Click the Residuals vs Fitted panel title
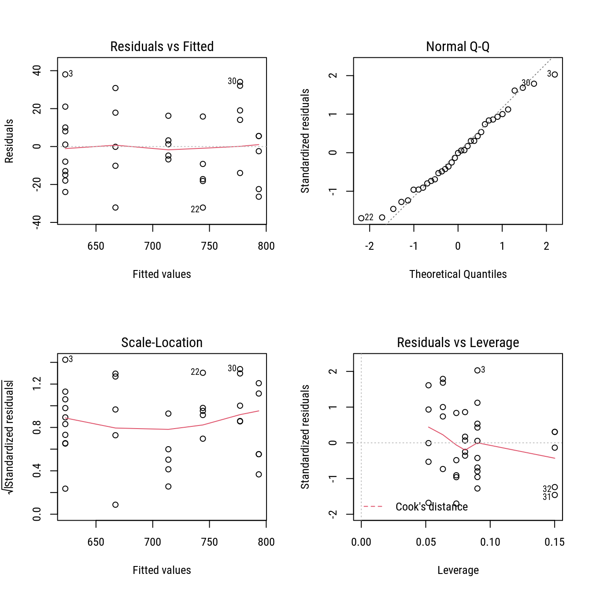point(162,46)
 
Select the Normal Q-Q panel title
point(458,46)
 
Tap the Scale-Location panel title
point(162,342)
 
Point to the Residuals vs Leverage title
point(458,342)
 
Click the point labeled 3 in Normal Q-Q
point(555,74)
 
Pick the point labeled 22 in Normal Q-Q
point(361,218)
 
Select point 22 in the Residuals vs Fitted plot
point(203,207)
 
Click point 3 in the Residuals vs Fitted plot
point(65,74)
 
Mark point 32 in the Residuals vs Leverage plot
point(555,487)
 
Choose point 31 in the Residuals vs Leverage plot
point(555,495)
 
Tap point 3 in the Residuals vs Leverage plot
point(477,370)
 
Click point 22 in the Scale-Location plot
point(203,373)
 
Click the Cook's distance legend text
point(431,507)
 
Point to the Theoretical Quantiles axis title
point(458,274)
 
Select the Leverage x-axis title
point(458,570)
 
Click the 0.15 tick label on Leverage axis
point(554,542)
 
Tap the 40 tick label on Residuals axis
point(37,70)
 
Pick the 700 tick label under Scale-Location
point(152,542)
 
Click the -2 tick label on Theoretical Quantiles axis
point(369,246)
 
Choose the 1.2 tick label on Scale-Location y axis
point(37,384)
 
